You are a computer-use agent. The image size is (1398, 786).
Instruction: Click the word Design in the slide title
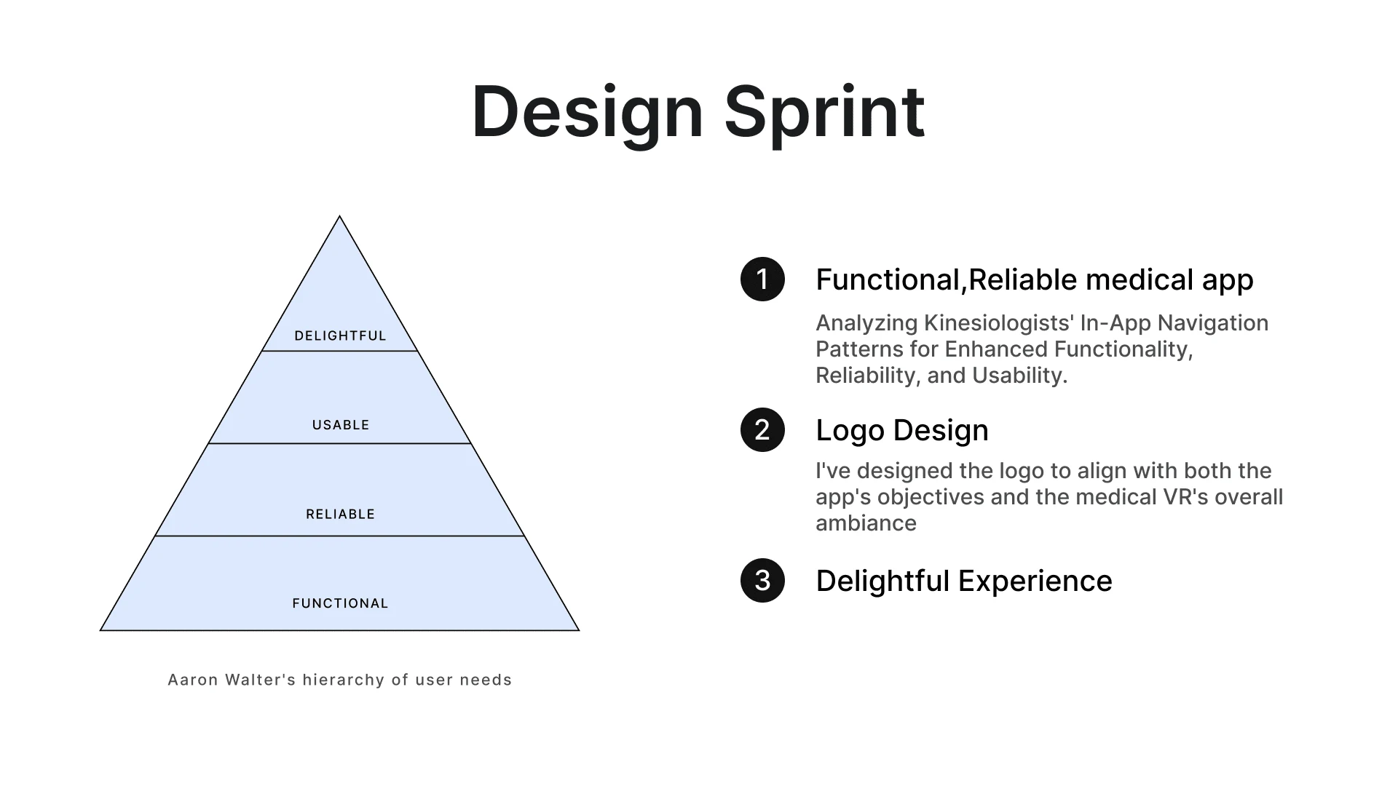(x=588, y=113)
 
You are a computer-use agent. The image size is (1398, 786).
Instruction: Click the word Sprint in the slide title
(x=824, y=113)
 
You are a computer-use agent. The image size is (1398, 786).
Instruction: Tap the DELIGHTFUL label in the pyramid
(x=340, y=336)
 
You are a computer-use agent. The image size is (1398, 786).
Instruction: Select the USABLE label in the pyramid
(x=341, y=425)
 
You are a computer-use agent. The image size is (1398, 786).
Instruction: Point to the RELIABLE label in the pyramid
(x=340, y=515)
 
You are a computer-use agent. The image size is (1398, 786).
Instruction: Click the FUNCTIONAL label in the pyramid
(x=340, y=603)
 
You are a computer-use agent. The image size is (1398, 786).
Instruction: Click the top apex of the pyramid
(x=339, y=216)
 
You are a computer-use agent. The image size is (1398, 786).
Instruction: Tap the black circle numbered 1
(x=762, y=279)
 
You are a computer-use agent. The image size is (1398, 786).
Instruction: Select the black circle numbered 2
(x=762, y=429)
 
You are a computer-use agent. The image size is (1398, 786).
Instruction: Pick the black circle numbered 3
(x=762, y=580)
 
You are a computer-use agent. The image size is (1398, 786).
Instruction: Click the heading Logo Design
(x=902, y=430)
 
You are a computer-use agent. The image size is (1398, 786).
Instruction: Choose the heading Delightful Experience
(x=964, y=581)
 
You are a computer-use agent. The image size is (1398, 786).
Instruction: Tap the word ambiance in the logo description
(x=866, y=523)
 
